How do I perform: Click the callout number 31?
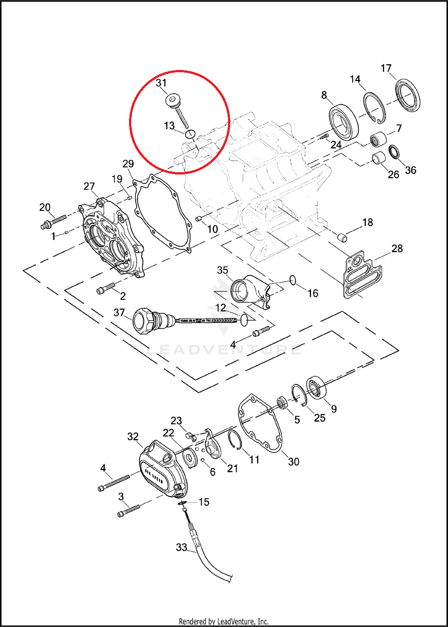click(161, 83)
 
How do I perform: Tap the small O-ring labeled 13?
click(190, 133)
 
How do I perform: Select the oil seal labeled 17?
click(408, 95)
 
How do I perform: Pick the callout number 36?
click(410, 170)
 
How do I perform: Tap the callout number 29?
click(128, 164)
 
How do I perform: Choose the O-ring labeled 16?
click(293, 281)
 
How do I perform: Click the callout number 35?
click(223, 270)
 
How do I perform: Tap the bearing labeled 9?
click(317, 388)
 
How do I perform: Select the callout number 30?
click(293, 461)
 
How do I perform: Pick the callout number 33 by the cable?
click(181, 548)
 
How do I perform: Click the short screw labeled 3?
click(129, 510)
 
